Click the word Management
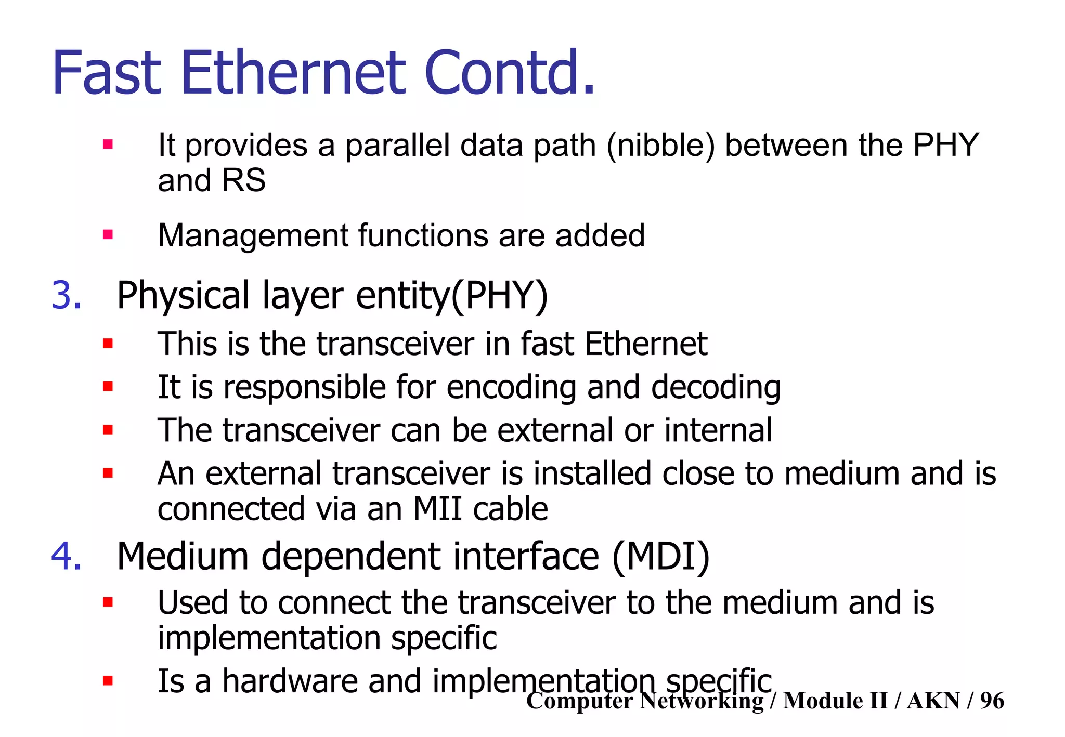[x=253, y=235]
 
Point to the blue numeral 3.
[x=67, y=295]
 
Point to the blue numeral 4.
[x=67, y=556]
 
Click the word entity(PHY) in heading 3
[x=452, y=295]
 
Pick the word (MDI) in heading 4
[x=660, y=556]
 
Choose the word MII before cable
[x=437, y=509]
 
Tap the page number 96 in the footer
[x=992, y=701]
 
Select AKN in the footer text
[x=933, y=701]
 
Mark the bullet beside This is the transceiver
[x=108, y=344]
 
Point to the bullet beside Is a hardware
[x=108, y=681]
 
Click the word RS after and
[x=243, y=180]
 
